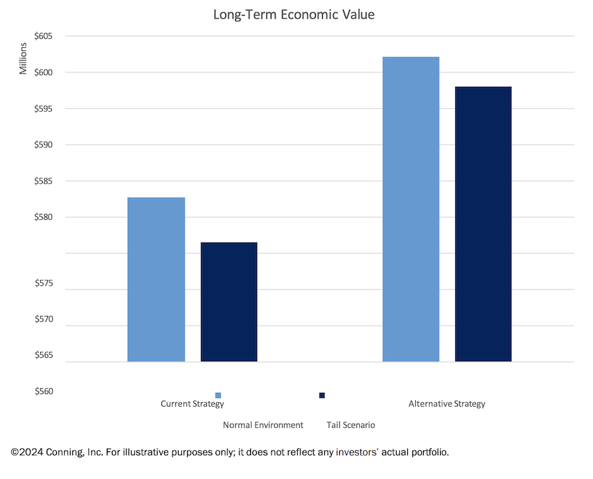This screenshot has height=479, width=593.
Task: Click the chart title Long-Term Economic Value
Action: click(x=293, y=14)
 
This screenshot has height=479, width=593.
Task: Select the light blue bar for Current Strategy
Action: click(x=156, y=280)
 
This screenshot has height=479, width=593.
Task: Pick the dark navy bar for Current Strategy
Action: click(x=229, y=302)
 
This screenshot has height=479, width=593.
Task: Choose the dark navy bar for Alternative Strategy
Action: click(x=483, y=224)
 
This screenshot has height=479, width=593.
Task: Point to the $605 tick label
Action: click(x=43, y=36)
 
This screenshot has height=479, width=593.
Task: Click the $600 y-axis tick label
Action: click(x=43, y=72)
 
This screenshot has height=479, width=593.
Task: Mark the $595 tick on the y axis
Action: click(x=43, y=109)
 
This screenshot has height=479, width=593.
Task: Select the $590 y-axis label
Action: click(x=43, y=145)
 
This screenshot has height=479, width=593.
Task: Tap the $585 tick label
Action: click(x=43, y=181)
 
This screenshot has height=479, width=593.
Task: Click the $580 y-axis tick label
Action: click(x=43, y=217)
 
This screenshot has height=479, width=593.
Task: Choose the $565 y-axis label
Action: click(x=43, y=356)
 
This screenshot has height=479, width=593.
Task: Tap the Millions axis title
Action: click(x=24, y=59)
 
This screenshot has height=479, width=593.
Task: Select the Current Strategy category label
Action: click(x=192, y=404)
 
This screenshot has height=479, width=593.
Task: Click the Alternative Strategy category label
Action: click(x=447, y=404)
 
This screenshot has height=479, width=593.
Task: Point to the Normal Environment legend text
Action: click(x=263, y=425)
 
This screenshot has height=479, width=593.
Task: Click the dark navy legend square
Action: click(x=322, y=395)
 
